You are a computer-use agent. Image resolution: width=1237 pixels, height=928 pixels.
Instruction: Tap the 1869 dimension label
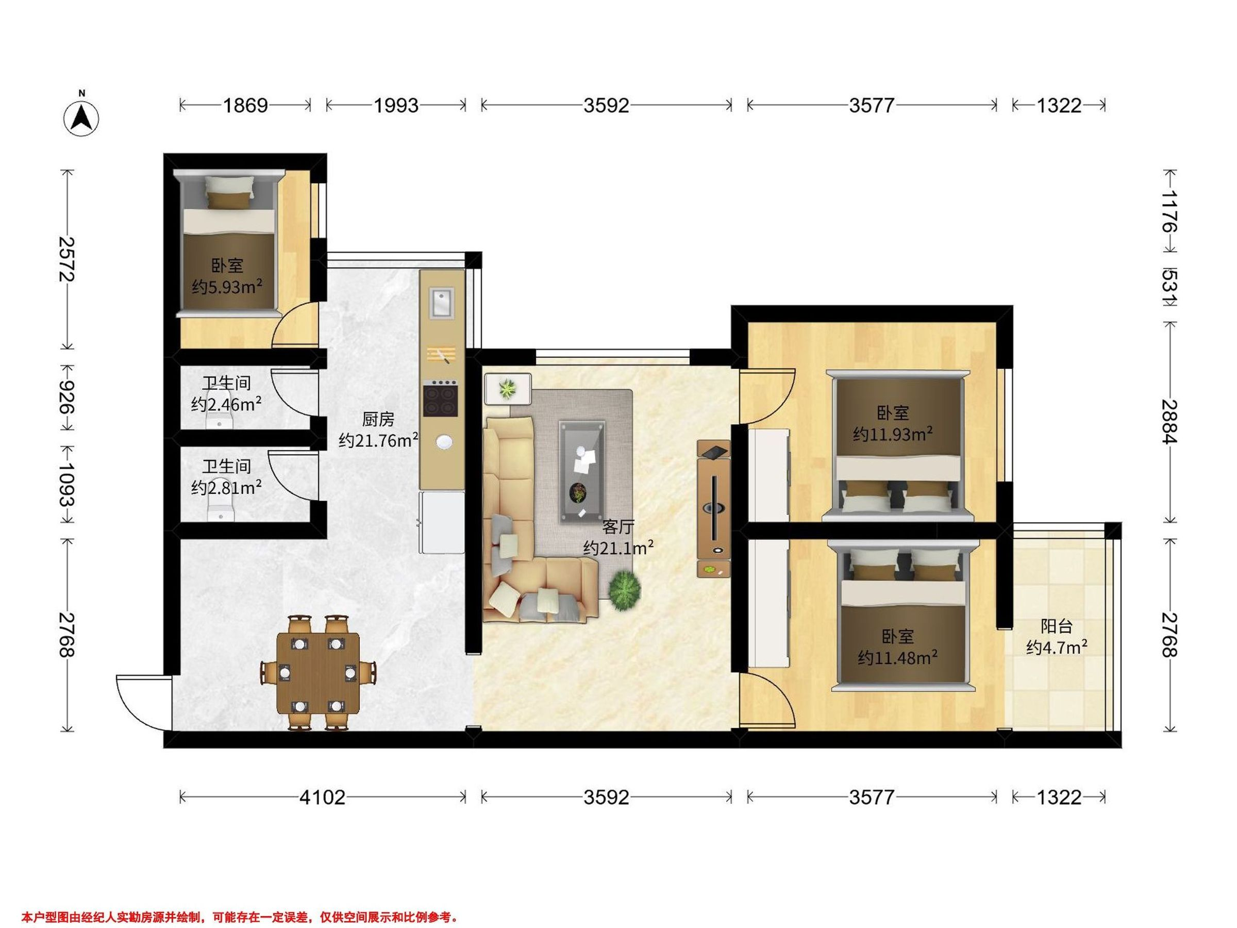point(245,105)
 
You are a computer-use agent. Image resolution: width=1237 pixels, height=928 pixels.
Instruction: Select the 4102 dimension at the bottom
point(322,797)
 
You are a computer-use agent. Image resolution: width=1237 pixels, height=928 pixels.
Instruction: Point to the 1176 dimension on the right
point(1169,211)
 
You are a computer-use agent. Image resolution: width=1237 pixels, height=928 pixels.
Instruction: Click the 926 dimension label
point(67,397)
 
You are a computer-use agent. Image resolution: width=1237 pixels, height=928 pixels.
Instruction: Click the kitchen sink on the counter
point(442,303)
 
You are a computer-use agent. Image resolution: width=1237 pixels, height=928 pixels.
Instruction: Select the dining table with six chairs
point(318,673)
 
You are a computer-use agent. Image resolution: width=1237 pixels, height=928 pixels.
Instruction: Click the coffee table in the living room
point(582,472)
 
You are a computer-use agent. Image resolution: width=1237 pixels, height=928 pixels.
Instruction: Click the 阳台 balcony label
point(1057,626)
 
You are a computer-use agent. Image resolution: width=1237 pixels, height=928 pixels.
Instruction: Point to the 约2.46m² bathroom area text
point(226,404)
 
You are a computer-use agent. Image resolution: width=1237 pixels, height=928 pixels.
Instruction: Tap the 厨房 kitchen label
point(378,419)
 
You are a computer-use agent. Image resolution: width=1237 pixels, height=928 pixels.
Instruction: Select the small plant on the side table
point(508,388)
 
